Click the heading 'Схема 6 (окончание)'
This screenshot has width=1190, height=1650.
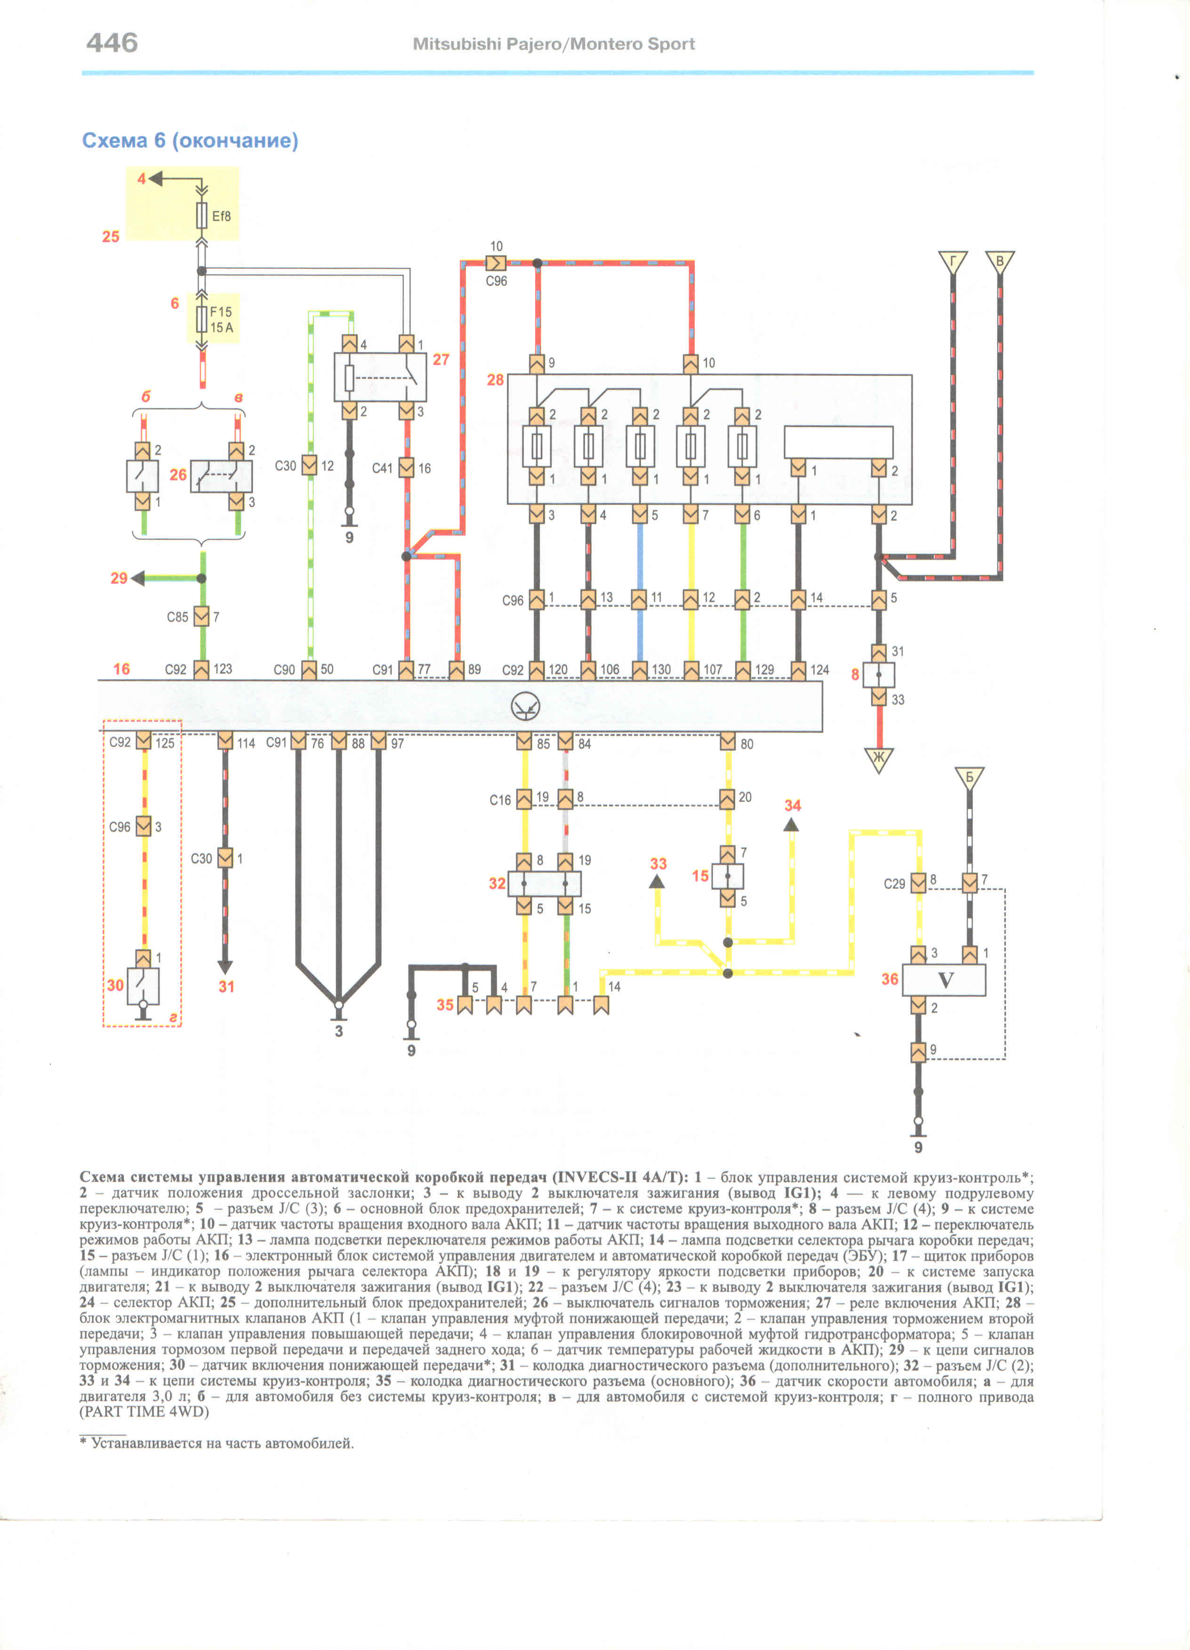click(190, 140)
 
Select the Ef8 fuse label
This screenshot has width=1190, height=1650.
click(221, 216)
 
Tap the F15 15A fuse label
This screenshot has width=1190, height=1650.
click(221, 319)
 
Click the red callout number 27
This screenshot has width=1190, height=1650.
click(441, 359)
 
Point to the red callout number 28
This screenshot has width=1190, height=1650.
click(495, 380)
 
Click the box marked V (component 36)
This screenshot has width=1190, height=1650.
click(944, 980)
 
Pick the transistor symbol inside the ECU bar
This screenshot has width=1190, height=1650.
click(525, 706)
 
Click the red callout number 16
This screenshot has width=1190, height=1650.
click(121, 669)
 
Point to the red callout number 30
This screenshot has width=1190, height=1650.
click(115, 985)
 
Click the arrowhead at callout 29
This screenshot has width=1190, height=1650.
click(137, 578)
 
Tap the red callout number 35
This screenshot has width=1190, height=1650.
click(444, 1005)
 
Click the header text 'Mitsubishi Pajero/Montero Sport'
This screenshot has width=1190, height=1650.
click(554, 44)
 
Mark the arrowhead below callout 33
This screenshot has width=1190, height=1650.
click(657, 882)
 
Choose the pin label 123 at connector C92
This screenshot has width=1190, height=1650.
click(223, 669)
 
